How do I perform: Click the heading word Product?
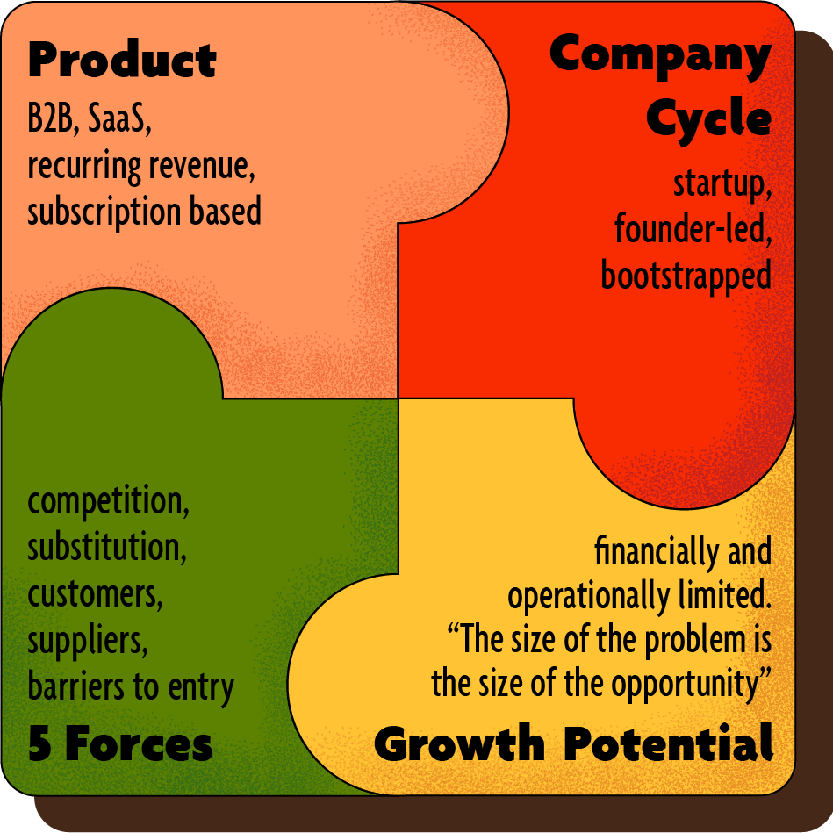(122, 61)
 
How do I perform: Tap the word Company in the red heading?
(660, 54)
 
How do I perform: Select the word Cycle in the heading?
(709, 118)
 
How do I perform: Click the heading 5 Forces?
(120, 745)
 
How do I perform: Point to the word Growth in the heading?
(459, 745)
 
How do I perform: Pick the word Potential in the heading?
(668, 745)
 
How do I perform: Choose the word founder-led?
(693, 230)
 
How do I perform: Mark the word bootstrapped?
(686, 276)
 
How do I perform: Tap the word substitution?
(107, 549)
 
